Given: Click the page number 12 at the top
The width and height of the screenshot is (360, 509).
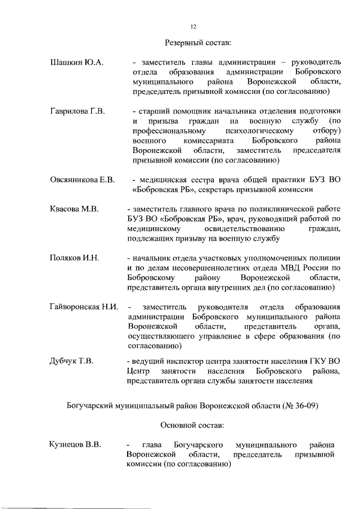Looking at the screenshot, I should click(193, 26).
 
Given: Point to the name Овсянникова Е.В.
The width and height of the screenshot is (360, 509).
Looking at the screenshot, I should click(82, 180).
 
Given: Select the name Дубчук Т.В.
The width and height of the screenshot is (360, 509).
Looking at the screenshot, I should click(71, 361).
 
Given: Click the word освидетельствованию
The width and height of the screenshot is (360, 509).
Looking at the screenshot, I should click(243, 229).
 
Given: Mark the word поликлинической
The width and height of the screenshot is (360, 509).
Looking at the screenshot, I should click(270, 209).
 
